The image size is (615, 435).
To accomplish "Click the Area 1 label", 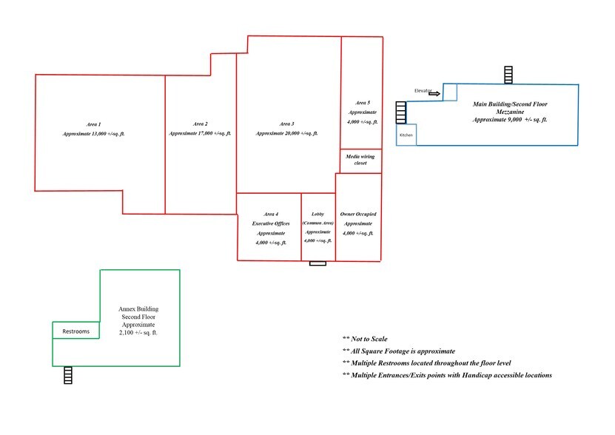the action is point(93,124).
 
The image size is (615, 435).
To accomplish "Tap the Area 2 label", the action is point(201,124).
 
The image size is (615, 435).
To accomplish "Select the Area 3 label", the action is point(286,124).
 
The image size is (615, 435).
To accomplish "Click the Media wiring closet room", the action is point(360,161).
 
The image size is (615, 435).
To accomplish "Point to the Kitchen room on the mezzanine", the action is point(406,135).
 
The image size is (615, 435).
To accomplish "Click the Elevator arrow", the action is point(434,94).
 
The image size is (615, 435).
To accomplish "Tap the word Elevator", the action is point(423,90).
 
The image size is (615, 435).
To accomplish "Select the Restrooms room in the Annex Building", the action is point(76,330).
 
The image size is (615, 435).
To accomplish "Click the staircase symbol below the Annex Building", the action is point(68,375).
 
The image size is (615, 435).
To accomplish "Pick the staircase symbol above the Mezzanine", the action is point(508,75).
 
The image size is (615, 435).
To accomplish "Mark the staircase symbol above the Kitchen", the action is point(401,112).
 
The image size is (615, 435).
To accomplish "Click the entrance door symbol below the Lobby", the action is point(317,263).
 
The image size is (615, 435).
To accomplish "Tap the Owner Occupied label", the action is point(358,214).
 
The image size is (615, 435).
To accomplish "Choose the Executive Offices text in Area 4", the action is point(271,223).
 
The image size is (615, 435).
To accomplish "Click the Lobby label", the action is point(317,214).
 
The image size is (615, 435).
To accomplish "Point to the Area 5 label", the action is point(363,103).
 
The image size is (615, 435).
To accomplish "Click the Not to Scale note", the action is point(365,339).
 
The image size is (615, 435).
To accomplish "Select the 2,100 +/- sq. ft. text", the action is point(138,333).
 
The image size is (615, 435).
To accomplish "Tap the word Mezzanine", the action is point(510,112).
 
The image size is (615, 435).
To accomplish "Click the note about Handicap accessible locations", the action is point(447,375).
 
